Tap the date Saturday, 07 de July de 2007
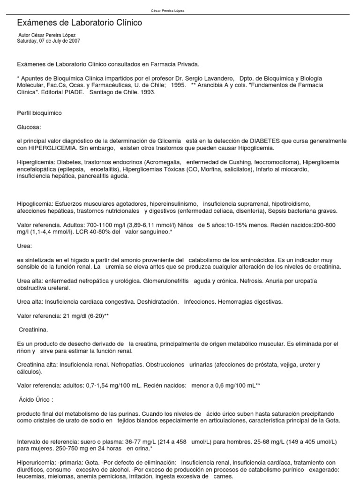(x=49, y=41)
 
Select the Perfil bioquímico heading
(x=39, y=113)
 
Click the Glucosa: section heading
(x=29, y=127)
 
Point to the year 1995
(x=178, y=85)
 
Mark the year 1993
(x=147, y=92)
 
